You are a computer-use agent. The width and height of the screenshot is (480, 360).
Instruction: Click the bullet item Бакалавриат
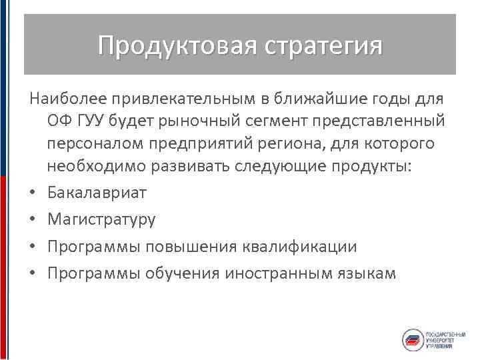97,193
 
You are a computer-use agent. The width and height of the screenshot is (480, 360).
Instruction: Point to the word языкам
367,273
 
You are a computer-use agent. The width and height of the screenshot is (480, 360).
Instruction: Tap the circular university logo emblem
412,340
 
